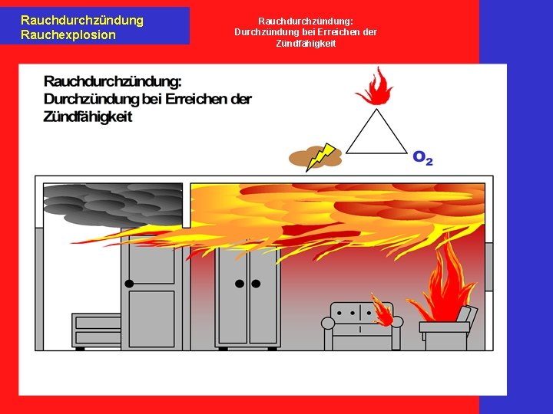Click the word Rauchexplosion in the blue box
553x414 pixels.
point(68,34)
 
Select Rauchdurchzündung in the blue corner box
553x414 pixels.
point(81,20)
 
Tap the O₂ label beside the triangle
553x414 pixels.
point(422,157)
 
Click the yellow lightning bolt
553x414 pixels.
point(320,156)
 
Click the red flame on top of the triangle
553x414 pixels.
point(376,87)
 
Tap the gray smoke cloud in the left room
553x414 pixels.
point(111,203)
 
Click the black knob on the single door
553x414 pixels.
point(129,284)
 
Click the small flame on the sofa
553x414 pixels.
point(381,309)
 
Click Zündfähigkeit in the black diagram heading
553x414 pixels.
point(88,117)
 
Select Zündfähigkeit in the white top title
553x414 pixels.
point(306,44)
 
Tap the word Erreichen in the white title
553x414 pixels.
point(333,32)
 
